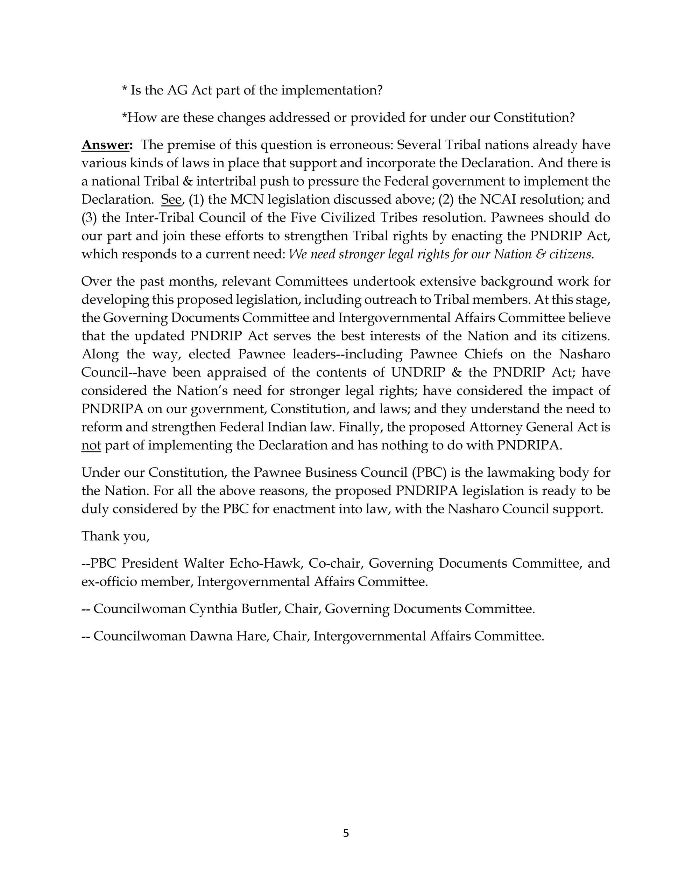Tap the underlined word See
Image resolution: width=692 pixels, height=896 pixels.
click(171, 199)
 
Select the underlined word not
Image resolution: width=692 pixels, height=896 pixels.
click(91, 446)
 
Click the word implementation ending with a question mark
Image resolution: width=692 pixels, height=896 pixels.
click(331, 90)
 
